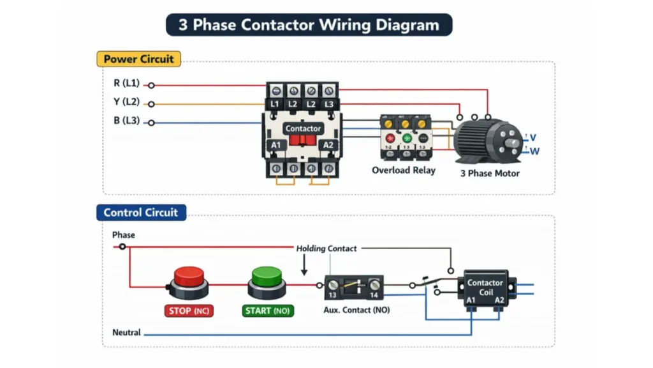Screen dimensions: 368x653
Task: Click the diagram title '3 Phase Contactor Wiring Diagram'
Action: (309, 25)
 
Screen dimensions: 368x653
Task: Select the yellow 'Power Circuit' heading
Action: (138, 59)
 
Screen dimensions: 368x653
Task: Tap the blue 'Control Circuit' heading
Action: (140, 213)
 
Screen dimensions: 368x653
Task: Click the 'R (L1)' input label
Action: (126, 84)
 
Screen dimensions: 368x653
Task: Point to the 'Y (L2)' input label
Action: (126, 102)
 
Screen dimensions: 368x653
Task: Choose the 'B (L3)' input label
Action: (126, 120)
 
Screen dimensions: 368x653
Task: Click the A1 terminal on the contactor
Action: (276, 146)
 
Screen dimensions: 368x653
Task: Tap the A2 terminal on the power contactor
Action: (328, 146)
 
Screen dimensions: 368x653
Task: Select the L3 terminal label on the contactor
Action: (329, 103)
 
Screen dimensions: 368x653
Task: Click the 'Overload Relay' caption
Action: (404, 171)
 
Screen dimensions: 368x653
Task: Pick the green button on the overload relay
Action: (406, 138)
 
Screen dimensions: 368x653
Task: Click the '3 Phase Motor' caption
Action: (490, 173)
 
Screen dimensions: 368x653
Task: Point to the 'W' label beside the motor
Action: (534, 151)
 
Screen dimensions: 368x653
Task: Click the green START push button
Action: (266, 279)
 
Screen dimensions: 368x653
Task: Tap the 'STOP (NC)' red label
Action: (188, 311)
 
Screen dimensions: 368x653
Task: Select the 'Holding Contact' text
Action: (326, 248)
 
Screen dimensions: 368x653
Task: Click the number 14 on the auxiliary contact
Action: (373, 295)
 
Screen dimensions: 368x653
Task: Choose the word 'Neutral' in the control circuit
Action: (126, 333)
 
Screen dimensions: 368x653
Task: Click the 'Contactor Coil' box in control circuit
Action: (485, 287)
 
